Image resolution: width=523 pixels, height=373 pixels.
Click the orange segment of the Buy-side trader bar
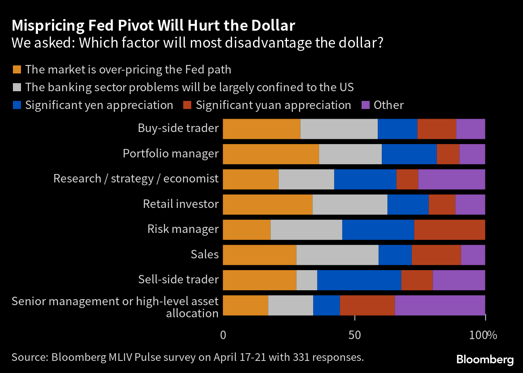click(261, 129)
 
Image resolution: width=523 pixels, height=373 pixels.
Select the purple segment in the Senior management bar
click(440, 306)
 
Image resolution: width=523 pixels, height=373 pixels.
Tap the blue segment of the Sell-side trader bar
click(359, 280)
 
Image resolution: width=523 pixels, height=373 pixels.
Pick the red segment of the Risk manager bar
click(450, 230)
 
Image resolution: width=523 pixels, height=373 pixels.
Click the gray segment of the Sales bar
click(337, 255)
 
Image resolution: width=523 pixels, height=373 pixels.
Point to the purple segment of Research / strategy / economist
click(452, 179)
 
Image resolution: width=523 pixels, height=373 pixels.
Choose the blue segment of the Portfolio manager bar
click(409, 154)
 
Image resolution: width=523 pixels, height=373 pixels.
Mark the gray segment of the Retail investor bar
click(350, 205)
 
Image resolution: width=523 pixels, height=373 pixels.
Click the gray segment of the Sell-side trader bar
click(307, 280)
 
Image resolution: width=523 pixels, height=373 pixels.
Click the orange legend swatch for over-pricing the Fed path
click(17, 69)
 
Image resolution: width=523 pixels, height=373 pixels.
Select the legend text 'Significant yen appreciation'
click(99, 105)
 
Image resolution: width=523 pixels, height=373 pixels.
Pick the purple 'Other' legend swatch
click(366, 105)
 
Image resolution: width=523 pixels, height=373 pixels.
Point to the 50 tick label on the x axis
click(354, 335)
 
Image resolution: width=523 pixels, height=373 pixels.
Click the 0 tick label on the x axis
click(223, 335)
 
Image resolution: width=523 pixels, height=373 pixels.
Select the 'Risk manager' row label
click(183, 229)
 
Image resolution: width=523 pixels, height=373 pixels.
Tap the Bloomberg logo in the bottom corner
click(485, 359)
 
